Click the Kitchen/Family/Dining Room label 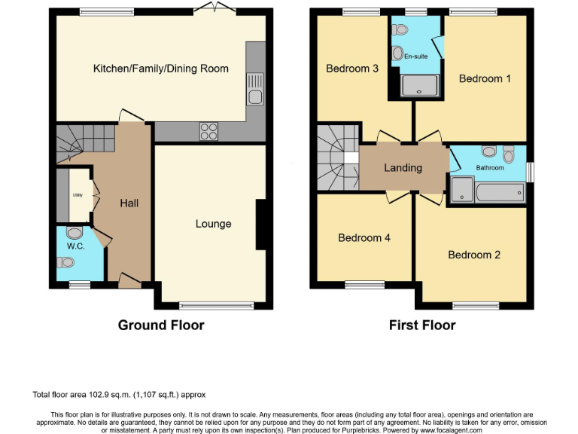(x=160, y=69)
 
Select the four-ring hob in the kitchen (x=208, y=131)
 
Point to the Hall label (x=129, y=203)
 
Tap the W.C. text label (x=75, y=246)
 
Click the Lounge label (x=213, y=224)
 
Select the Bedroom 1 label (x=480, y=78)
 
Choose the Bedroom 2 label (x=474, y=255)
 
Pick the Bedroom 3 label (x=352, y=69)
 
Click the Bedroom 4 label (x=364, y=237)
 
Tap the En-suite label (x=415, y=57)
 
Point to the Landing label (x=403, y=167)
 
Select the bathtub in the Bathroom (x=500, y=191)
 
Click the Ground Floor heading (x=161, y=325)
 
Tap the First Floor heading (x=422, y=325)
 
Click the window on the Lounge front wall (x=212, y=306)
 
